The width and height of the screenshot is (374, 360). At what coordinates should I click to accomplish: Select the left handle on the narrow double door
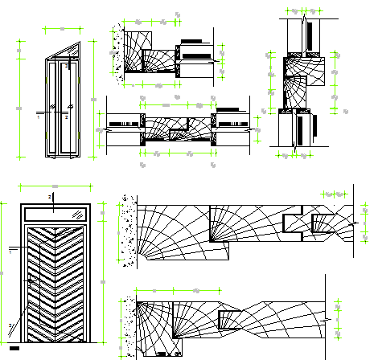54,108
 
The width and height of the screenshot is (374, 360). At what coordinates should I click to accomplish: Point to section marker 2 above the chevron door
51,196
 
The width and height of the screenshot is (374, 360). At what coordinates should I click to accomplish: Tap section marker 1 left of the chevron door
10,251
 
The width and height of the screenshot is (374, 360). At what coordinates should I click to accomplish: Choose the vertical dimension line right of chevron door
101,273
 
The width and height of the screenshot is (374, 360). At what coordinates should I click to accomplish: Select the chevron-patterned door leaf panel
56,281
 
